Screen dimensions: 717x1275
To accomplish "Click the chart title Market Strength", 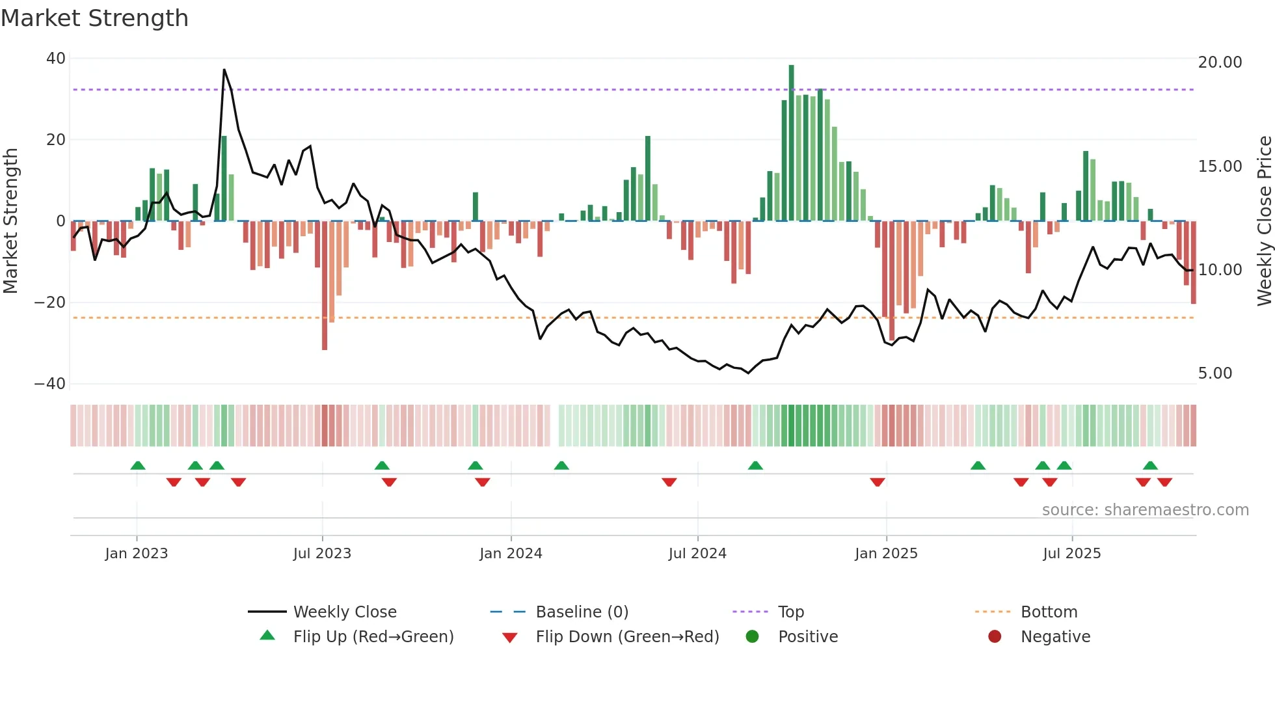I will pyautogui.click(x=94, y=18).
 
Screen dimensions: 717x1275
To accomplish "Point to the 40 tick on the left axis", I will pyautogui.click(x=56, y=59).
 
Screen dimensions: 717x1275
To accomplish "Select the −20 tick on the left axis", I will pyautogui.click(x=50, y=303).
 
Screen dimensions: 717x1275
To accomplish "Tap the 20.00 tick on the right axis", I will pyautogui.click(x=1220, y=62).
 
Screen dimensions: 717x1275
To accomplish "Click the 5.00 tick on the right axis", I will pyautogui.click(x=1215, y=373).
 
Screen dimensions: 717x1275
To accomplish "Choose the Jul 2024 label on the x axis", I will pyautogui.click(x=697, y=554).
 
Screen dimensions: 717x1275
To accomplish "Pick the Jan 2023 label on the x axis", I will pyautogui.click(x=137, y=554).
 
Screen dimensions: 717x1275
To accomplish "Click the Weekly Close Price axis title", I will pyautogui.click(x=1264, y=221).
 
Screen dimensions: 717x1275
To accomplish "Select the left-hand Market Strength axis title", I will pyautogui.click(x=10, y=221).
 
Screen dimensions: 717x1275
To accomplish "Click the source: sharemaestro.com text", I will pyautogui.click(x=1145, y=510).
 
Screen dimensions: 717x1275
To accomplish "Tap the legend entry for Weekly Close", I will pyautogui.click(x=345, y=612).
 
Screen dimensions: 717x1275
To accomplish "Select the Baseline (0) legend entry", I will pyautogui.click(x=582, y=612).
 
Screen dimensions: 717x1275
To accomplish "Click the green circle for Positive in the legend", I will pyautogui.click(x=753, y=637).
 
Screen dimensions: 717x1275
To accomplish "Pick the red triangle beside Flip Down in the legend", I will pyautogui.click(x=510, y=638).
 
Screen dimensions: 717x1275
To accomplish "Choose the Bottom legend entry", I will pyautogui.click(x=1049, y=612).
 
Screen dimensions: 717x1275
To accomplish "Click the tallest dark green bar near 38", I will pyautogui.click(x=791, y=143).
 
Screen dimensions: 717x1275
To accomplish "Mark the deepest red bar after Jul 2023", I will pyautogui.click(x=325, y=286).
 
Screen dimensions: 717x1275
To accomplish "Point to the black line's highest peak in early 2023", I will pyautogui.click(x=224, y=70).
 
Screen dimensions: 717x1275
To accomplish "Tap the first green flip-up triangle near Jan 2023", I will pyautogui.click(x=138, y=465).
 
